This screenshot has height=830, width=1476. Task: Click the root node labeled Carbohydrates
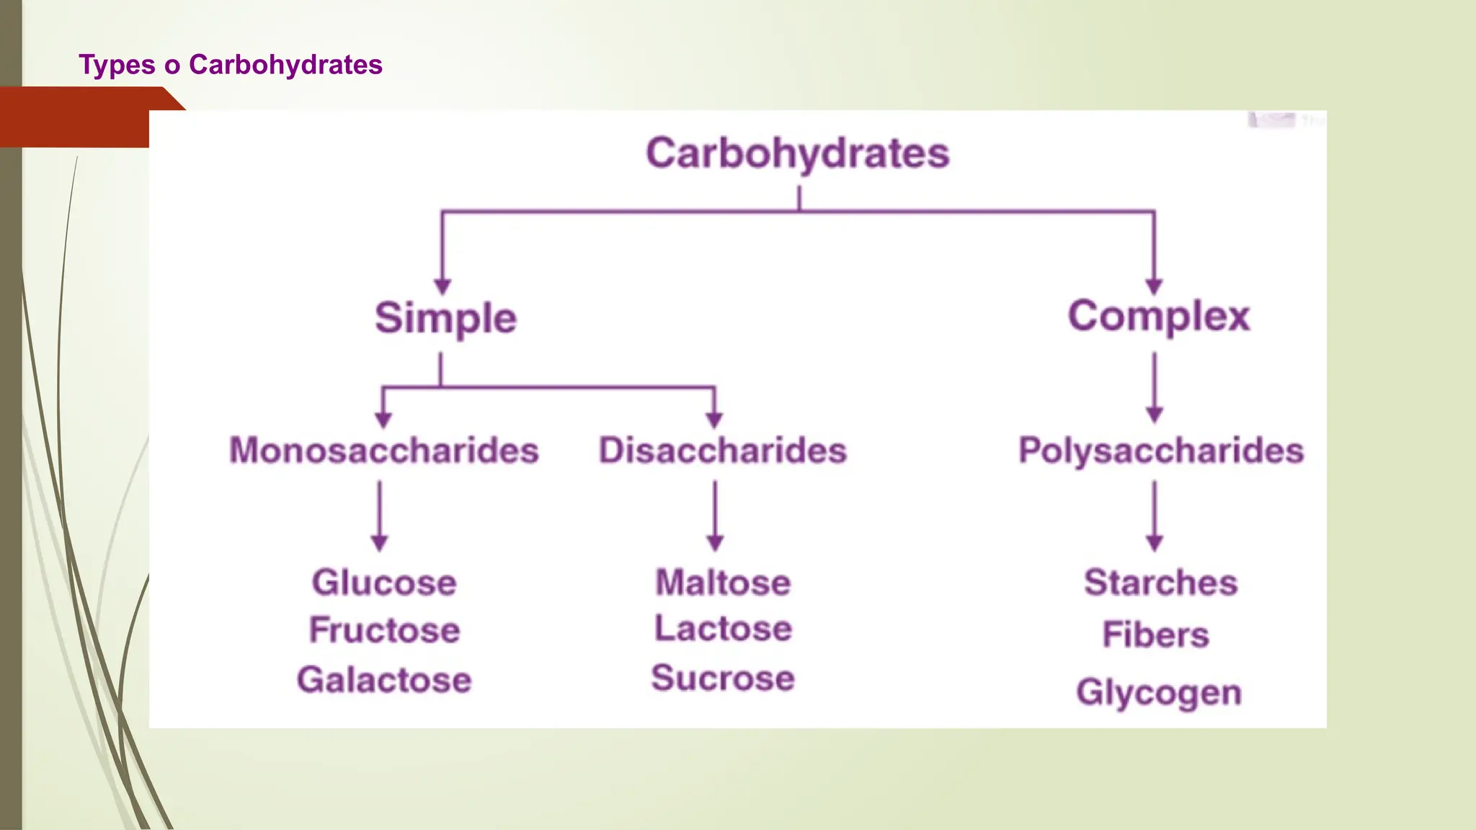pyautogui.click(x=798, y=153)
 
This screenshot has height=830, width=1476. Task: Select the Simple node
pyautogui.click(x=445, y=318)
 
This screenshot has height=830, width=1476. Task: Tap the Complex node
pyautogui.click(x=1159, y=316)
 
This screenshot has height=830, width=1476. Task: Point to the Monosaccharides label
pyautogui.click(x=384, y=450)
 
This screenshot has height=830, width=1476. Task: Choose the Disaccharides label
pyautogui.click(x=723, y=450)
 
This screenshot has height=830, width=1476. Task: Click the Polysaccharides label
pyautogui.click(x=1161, y=450)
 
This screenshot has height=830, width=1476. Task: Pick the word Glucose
pyautogui.click(x=384, y=582)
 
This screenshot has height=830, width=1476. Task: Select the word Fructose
pyautogui.click(x=385, y=630)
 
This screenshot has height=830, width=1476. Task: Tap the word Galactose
pyautogui.click(x=384, y=679)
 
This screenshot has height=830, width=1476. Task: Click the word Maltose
pyautogui.click(x=723, y=582)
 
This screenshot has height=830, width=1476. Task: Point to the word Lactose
pyautogui.click(x=723, y=628)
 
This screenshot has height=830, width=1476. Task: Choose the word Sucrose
pyautogui.click(x=723, y=678)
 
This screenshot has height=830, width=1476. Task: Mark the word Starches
pyautogui.click(x=1160, y=582)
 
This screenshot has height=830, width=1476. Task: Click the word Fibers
pyautogui.click(x=1155, y=635)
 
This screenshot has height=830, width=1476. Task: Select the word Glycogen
pyautogui.click(x=1159, y=692)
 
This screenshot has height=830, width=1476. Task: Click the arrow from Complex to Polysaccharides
pyautogui.click(x=1155, y=388)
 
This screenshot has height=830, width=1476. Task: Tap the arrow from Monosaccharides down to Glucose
pyautogui.click(x=380, y=515)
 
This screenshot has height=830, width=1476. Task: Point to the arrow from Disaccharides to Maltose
pyautogui.click(x=715, y=515)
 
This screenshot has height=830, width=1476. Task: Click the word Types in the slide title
pyautogui.click(x=117, y=65)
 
